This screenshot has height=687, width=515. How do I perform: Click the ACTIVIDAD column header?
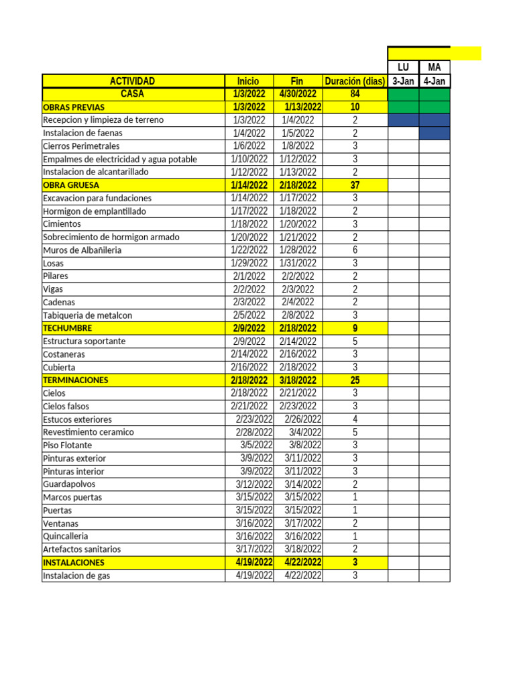pos(133,81)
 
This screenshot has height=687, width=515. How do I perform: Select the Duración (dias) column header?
pos(355,81)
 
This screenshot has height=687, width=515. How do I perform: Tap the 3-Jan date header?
pos(403,81)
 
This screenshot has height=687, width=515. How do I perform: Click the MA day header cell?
pos(435,67)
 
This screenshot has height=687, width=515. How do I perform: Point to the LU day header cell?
pos(403,67)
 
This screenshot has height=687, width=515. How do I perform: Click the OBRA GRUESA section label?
pos(71,185)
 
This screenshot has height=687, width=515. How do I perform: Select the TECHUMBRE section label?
pos(67,328)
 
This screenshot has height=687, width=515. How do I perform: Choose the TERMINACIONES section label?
pos(75,380)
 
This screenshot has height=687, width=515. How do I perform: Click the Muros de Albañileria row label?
pos(82,250)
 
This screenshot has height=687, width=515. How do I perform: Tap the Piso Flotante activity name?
pos(67,445)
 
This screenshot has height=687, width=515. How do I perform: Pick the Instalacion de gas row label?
pos(76,576)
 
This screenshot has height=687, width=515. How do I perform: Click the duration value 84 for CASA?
pos(355,94)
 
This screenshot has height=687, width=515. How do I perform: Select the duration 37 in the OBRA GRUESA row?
pos(355,185)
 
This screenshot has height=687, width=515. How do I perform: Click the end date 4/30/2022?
pos(298,94)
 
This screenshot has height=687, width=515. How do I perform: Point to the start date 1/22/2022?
pos(249,250)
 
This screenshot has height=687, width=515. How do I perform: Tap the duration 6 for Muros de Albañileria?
pos(355,250)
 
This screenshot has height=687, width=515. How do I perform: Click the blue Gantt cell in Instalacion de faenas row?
pos(435,133)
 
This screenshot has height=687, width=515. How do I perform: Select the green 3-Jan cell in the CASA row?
pos(403,94)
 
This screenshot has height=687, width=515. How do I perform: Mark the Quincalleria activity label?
pos(66,536)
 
